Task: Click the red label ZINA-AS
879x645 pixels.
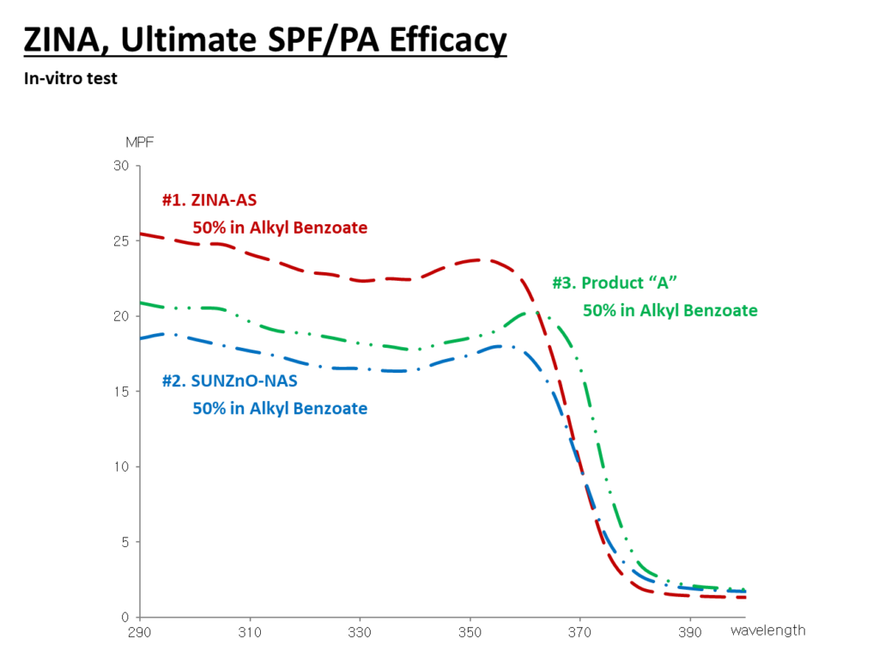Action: click(223, 200)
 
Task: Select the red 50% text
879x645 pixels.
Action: click(208, 228)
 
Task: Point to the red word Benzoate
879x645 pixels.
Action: click(330, 228)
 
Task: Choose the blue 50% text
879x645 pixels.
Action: click(208, 409)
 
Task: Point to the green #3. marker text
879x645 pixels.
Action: click(564, 283)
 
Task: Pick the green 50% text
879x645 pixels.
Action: click(598, 311)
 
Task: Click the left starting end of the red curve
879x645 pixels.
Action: click(141, 233)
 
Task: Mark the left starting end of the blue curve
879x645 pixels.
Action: click(141, 338)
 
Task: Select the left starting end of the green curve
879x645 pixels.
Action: click(141, 302)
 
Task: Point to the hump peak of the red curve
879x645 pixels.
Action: click(481, 259)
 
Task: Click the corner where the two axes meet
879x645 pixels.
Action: click(139, 617)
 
